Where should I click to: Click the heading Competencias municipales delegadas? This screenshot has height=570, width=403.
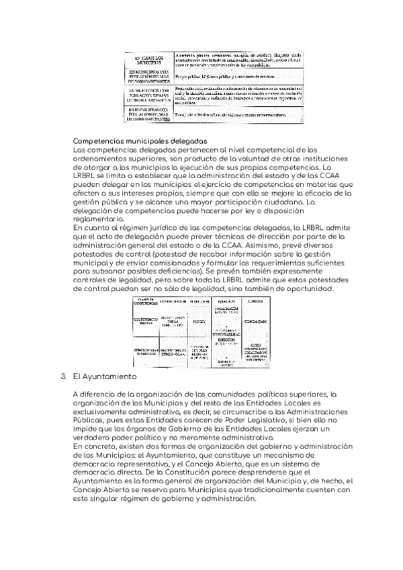(140, 140)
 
